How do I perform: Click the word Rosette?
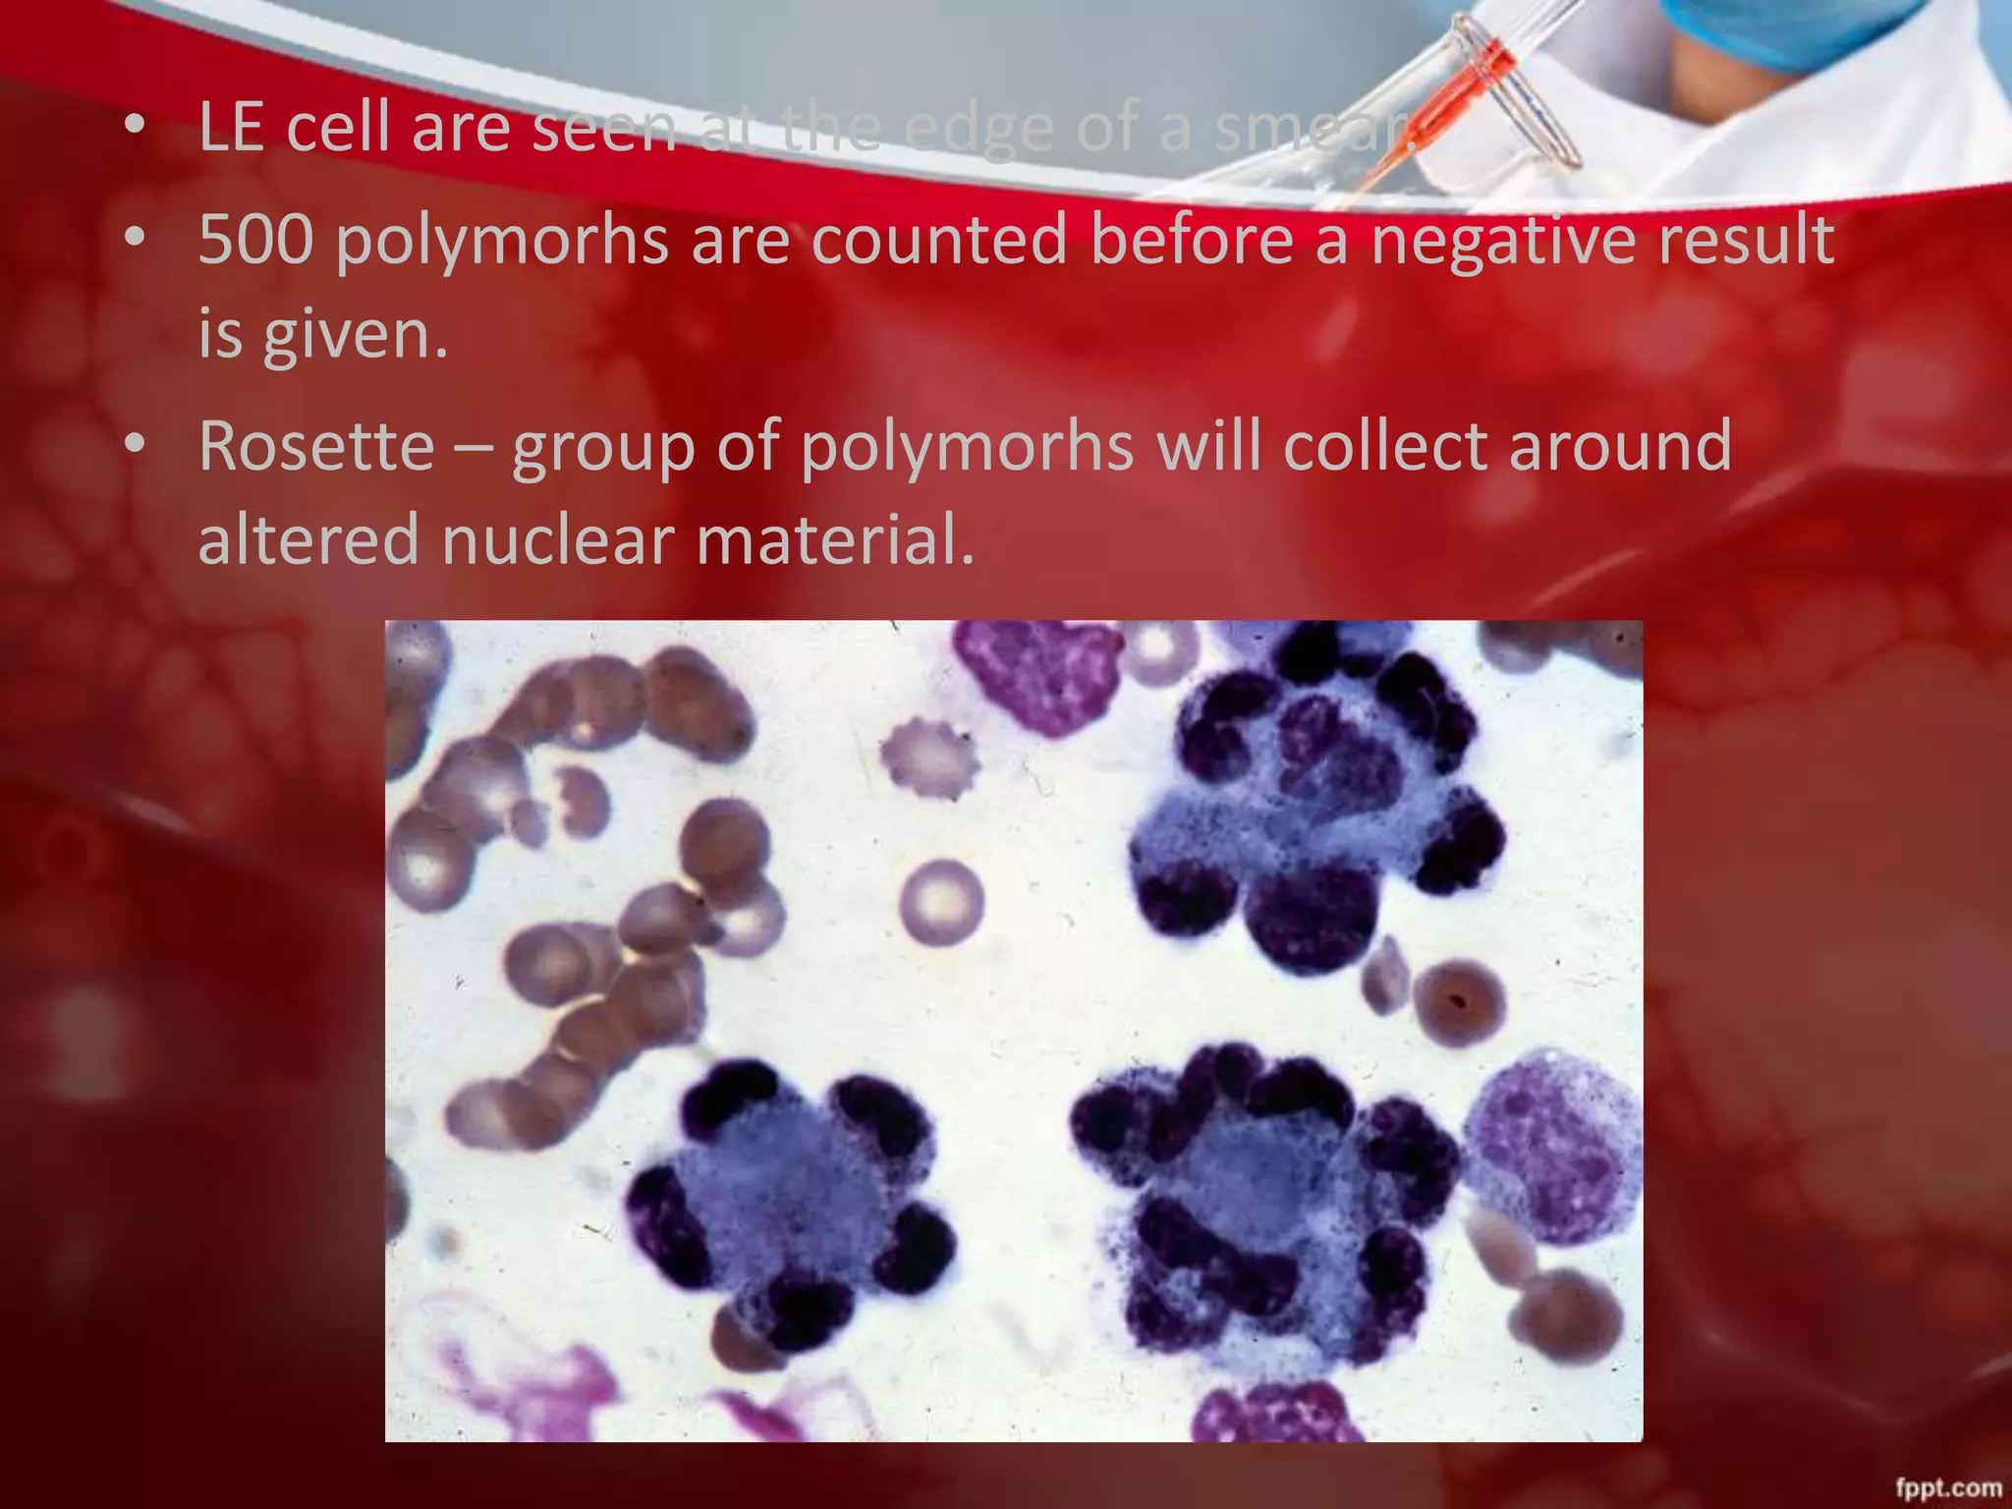316,446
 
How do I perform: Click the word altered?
308,539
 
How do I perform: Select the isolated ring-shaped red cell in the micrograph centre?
940,901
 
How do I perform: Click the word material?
835,539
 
